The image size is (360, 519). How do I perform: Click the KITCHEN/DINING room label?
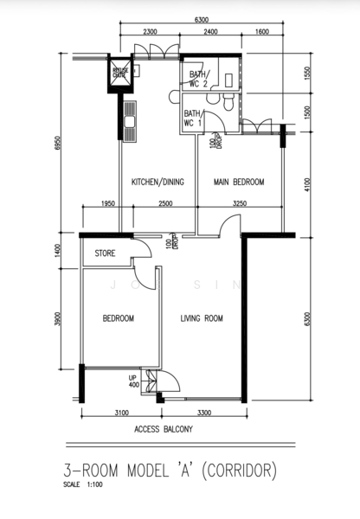157,183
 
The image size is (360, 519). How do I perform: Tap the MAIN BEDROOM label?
239,183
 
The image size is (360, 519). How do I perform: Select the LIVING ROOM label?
202,318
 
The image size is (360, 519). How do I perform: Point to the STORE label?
105,253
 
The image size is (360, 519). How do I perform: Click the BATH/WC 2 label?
197,80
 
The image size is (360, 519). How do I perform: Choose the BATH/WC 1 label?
192,119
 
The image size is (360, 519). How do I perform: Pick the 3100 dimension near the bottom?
120,413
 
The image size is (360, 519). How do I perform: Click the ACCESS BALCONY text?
163,430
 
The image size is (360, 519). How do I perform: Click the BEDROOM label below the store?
119,318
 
